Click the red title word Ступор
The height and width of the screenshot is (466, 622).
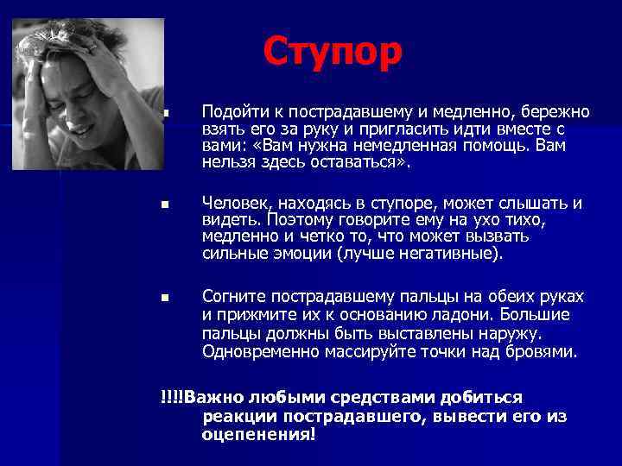[333, 51]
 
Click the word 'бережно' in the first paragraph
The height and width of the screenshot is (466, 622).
[558, 112]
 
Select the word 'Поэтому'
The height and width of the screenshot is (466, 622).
[298, 220]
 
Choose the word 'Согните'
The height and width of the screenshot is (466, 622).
[232, 296]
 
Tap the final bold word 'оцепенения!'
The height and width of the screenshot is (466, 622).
[259, 434]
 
